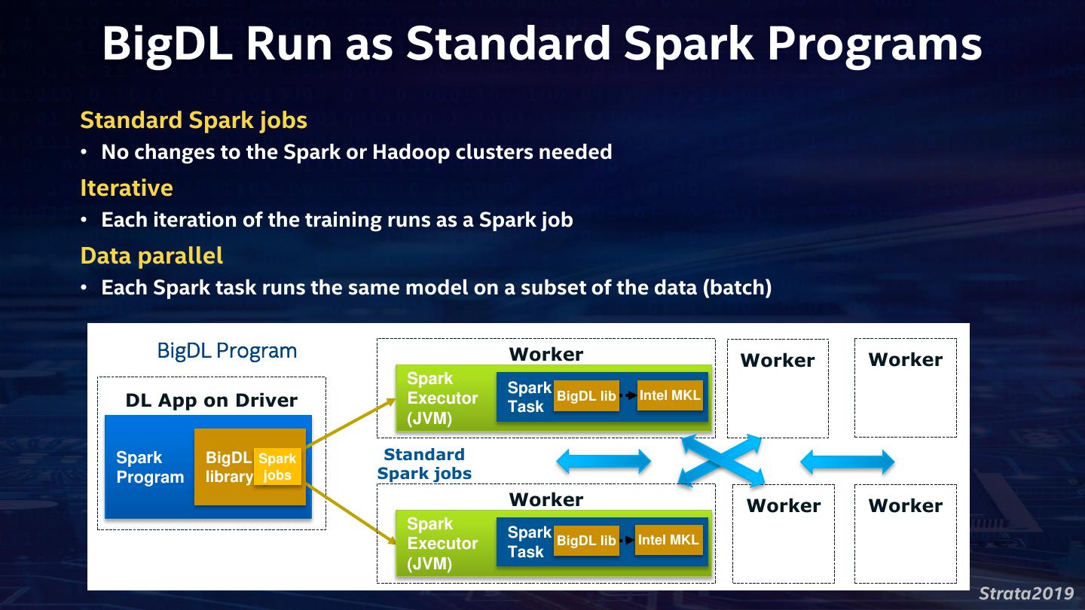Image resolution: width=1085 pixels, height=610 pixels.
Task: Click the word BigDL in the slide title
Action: [167, 44]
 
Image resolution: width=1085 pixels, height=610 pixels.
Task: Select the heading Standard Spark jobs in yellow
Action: [194, 120]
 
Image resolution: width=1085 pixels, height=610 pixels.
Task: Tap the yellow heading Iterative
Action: [127, 188]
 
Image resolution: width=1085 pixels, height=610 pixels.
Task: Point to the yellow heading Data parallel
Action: [151, 256]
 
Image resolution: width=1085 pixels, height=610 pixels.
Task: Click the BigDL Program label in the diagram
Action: [227, 350]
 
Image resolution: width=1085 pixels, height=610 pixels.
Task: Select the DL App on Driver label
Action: [211, 401]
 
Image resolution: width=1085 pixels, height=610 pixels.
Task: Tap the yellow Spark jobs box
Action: [277, 467]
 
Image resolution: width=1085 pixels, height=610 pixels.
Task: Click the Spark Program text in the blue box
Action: [150, 467]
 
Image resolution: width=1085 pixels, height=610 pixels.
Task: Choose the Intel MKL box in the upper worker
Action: [670, 395]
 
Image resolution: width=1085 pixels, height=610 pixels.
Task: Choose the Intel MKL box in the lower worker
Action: [668, 540]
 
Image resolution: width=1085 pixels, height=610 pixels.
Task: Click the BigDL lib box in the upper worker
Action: [586, 396]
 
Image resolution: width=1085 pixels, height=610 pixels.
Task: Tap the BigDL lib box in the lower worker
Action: [586, 540]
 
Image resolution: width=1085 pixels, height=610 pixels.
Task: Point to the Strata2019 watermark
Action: [1026, 593]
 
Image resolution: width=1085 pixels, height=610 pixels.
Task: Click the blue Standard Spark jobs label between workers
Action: [424, 464]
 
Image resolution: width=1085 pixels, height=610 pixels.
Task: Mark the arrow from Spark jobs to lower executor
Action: [351, 514]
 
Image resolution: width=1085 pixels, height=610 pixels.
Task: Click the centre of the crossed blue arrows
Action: [721, 460]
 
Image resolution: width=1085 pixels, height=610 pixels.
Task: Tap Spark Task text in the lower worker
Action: [530, 542]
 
